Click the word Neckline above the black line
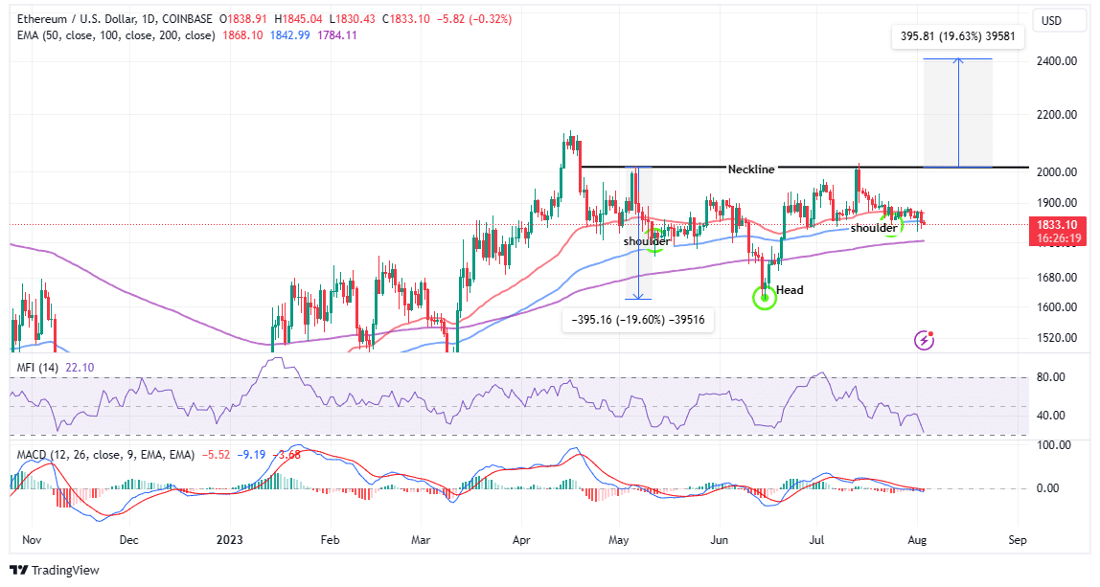[750, 169]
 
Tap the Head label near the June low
[791, 289]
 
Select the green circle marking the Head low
[765, 297]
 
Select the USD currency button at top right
[1051, 20]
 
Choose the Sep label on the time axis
[1018, 540]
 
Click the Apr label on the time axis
[520, 540]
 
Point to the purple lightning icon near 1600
[925, 339]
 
